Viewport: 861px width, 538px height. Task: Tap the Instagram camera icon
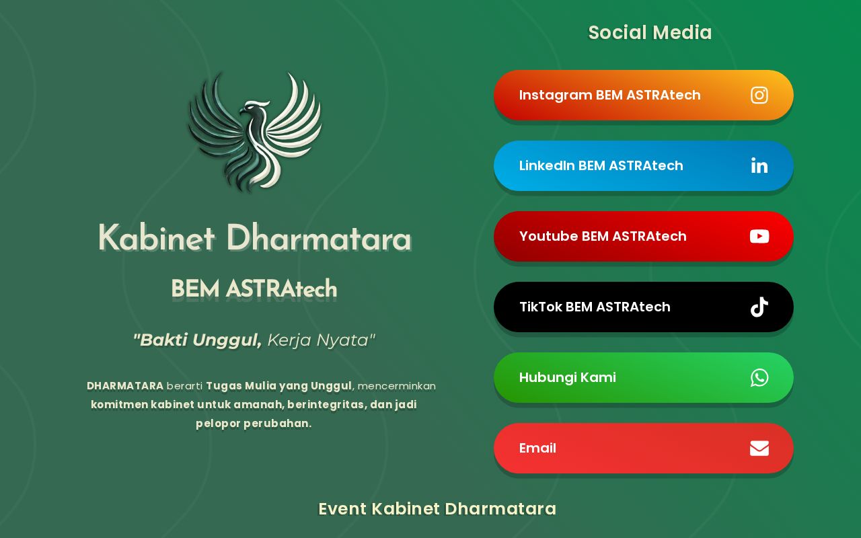pyautogui.click(x=759, y=95)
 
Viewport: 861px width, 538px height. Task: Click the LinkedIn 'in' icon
pyautogui.click(x=759, y=165)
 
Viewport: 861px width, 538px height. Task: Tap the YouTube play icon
pyautogui.click(x=759, y=236)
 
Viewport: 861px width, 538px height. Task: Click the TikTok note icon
pyautogui.click(x=759, y=307)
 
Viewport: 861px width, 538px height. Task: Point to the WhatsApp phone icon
pyautogui.click(x=759, y=377)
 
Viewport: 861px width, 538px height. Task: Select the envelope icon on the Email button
pyautogui.click(x=759, y=448)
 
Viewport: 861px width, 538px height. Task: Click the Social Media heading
pyautogui.click(x=650, y=32)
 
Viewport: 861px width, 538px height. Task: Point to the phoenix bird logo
pyautogui.click(x=255, y=131)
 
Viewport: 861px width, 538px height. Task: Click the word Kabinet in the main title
pyautogui.click(x=156, y=239)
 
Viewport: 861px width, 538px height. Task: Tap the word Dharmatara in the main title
pyautogui.click(x=318, y=239)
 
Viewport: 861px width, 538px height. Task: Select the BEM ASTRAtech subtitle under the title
pyautogui.click(x=254, y=289)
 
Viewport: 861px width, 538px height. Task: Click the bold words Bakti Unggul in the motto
pyautogui.click(x=197, y=340)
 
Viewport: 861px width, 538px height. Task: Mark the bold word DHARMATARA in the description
pyautogui.click(x=125, y=386)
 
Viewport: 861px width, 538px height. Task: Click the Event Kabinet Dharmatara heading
pyautogui.click(x=437, y=509)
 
